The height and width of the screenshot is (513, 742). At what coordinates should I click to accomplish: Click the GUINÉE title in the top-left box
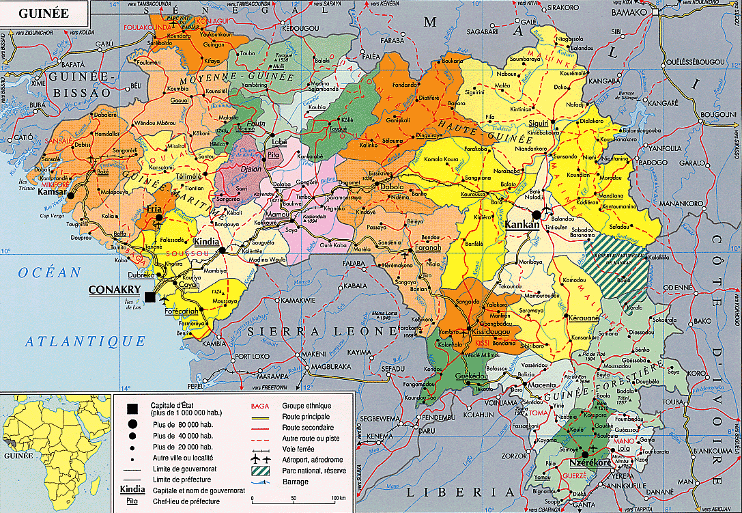[x=42, y=12]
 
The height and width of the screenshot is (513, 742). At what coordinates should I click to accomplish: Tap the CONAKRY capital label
[x=113, y=289]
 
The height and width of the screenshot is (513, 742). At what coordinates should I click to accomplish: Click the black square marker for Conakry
[x=149, y=296]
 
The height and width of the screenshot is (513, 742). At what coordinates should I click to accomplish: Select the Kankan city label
[x=522, y=224]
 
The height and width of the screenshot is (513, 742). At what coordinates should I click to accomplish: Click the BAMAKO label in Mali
[x=629, y=12]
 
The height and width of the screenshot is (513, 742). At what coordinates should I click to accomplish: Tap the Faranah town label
[x=428, y=248]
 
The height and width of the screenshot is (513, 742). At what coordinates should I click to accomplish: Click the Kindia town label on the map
[x=206, y=242]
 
